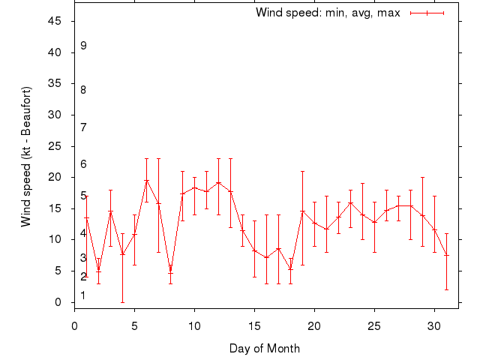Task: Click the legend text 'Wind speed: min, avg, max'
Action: click(328, 13)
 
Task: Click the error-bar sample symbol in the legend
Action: click(427, 13)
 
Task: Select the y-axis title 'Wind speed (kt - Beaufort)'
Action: click(26, 157)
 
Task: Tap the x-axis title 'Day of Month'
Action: click(265, 348)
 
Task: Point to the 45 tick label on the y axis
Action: click(55, 21)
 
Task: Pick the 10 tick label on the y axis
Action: click(55, 240)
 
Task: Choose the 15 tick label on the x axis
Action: click(254, 327)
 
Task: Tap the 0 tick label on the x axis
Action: click(74, 327)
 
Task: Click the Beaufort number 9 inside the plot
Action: click(83, 46)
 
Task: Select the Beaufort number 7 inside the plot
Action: click(83, 127)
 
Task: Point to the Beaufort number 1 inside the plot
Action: click(83, 295)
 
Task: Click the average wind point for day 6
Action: click(146, 180)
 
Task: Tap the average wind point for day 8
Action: click(170, 271)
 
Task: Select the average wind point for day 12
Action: click(218, 182)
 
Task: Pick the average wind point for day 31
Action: click(446, 255)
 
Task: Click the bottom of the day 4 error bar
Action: click(122, 302)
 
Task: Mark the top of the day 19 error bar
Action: click(302, 171)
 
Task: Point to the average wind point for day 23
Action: click(350, 202)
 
